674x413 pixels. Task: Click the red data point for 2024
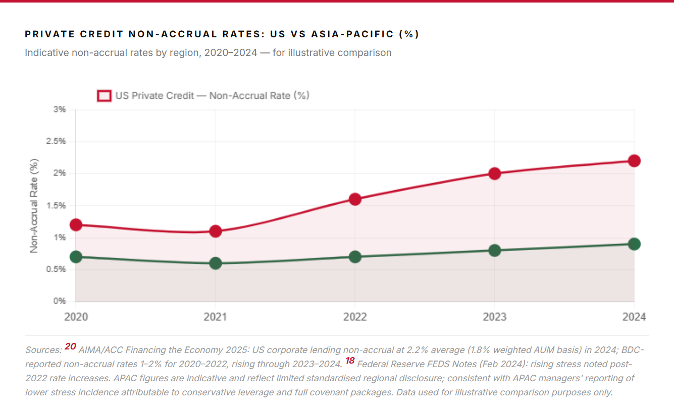pyautogui.click(x=634, y=161)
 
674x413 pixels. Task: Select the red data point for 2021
pyautogui.click(x=216, y=231)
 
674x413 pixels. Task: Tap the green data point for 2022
pyautogui.click(x=355, y=257)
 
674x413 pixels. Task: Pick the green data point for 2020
pyautogui.click(x=76, y=257)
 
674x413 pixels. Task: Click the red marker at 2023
pyautogui.click(x=495, y=173)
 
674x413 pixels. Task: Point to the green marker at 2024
pyautogui.click(x=634, y=244)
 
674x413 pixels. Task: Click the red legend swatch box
pyautogui.click(x=104, y=96)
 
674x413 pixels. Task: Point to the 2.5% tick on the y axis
pyautogui.click(x=56, y=141)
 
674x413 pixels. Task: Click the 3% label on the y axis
pyautogui.click(x=60, y=109)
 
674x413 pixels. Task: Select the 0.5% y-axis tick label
pyautogui.click(x=56, y=269)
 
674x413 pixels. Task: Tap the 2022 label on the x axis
pyautogui.click(x=355, y=317)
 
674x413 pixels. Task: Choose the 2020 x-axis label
pyautogui.click(x=76, y=317)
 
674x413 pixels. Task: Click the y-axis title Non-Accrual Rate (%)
pyautogui.click(x=34, y=205)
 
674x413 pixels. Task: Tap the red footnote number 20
pyautogui.click(x=70, y=346)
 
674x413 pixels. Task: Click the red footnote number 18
pyautogui.click(x=350, y=361)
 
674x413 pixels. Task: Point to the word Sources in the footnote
pyautogui.click(x=43, y=350)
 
